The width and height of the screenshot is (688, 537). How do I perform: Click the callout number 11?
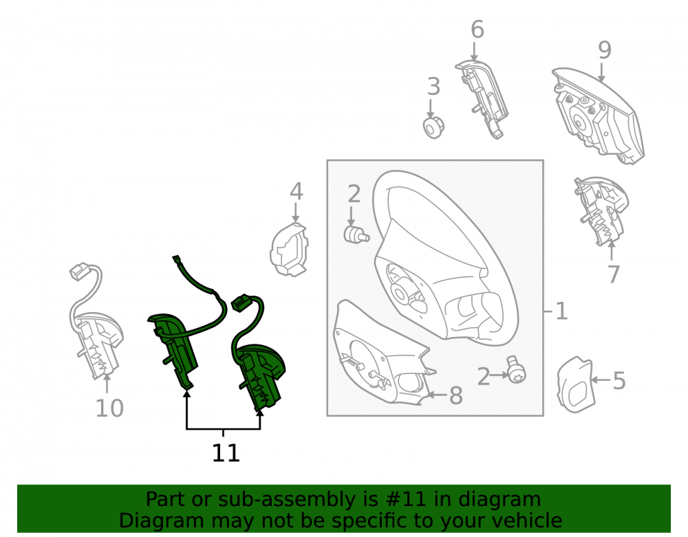(x=226, y=453)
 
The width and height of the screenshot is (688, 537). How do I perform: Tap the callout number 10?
(x=109, y=408)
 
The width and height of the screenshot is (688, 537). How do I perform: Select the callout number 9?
(x=604, y=50)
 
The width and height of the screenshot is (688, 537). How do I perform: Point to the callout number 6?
(x=477, y=30)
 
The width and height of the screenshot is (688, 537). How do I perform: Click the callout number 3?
(x=433, y=87)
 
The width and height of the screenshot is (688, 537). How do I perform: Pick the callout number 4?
(x=296, y=191)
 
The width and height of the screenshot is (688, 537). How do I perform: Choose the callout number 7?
(x=614, y=274)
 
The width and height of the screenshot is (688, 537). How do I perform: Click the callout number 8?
(x=456, y=395)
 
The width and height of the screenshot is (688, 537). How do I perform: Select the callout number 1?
(x=561, y=311)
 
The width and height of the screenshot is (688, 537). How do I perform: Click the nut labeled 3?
(x=433, y=128)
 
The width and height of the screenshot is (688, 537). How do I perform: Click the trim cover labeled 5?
(x=574, y=384)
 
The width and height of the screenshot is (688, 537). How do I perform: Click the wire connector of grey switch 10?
(x=79, y=272)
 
